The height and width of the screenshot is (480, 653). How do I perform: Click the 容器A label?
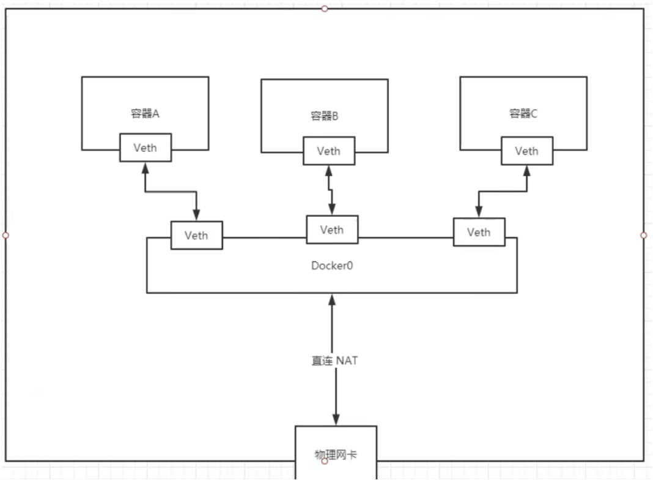click(x=145, y=113)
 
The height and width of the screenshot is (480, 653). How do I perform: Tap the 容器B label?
click(x=325, y=116)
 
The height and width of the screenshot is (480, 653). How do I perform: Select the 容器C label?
click(x=523, y=113)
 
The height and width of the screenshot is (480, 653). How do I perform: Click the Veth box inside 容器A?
click(x=146, y=148)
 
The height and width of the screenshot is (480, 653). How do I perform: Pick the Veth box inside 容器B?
click(x=329, y=151)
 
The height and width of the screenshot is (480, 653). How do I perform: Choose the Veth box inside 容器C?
click(x=527, y=151)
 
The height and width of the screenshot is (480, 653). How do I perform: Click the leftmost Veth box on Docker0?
click(x=196, y=236)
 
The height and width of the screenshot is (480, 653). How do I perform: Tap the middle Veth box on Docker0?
click(x=333, y=230)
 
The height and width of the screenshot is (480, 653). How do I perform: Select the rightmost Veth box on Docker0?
click(x=479, y=232)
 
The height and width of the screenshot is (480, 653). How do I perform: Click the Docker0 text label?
click(x=332, y=266)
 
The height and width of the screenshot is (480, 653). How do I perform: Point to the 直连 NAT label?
click(x=334, y=361)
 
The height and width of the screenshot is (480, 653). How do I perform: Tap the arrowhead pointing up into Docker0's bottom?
click(x=332, y=299)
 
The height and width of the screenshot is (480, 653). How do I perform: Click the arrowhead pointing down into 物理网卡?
click(x=336, y=419)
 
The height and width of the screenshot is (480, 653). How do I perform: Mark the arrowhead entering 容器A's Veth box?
click(x=146, y=168)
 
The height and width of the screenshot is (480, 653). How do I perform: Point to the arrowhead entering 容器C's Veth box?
click(x=527, y=171)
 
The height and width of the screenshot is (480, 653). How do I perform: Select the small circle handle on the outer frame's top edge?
click(x=325, y=9)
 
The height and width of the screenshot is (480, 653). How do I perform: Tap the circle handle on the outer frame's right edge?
click(x=643, y=235)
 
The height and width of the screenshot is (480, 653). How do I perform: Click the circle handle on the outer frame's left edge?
click(x=6, y=235)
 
